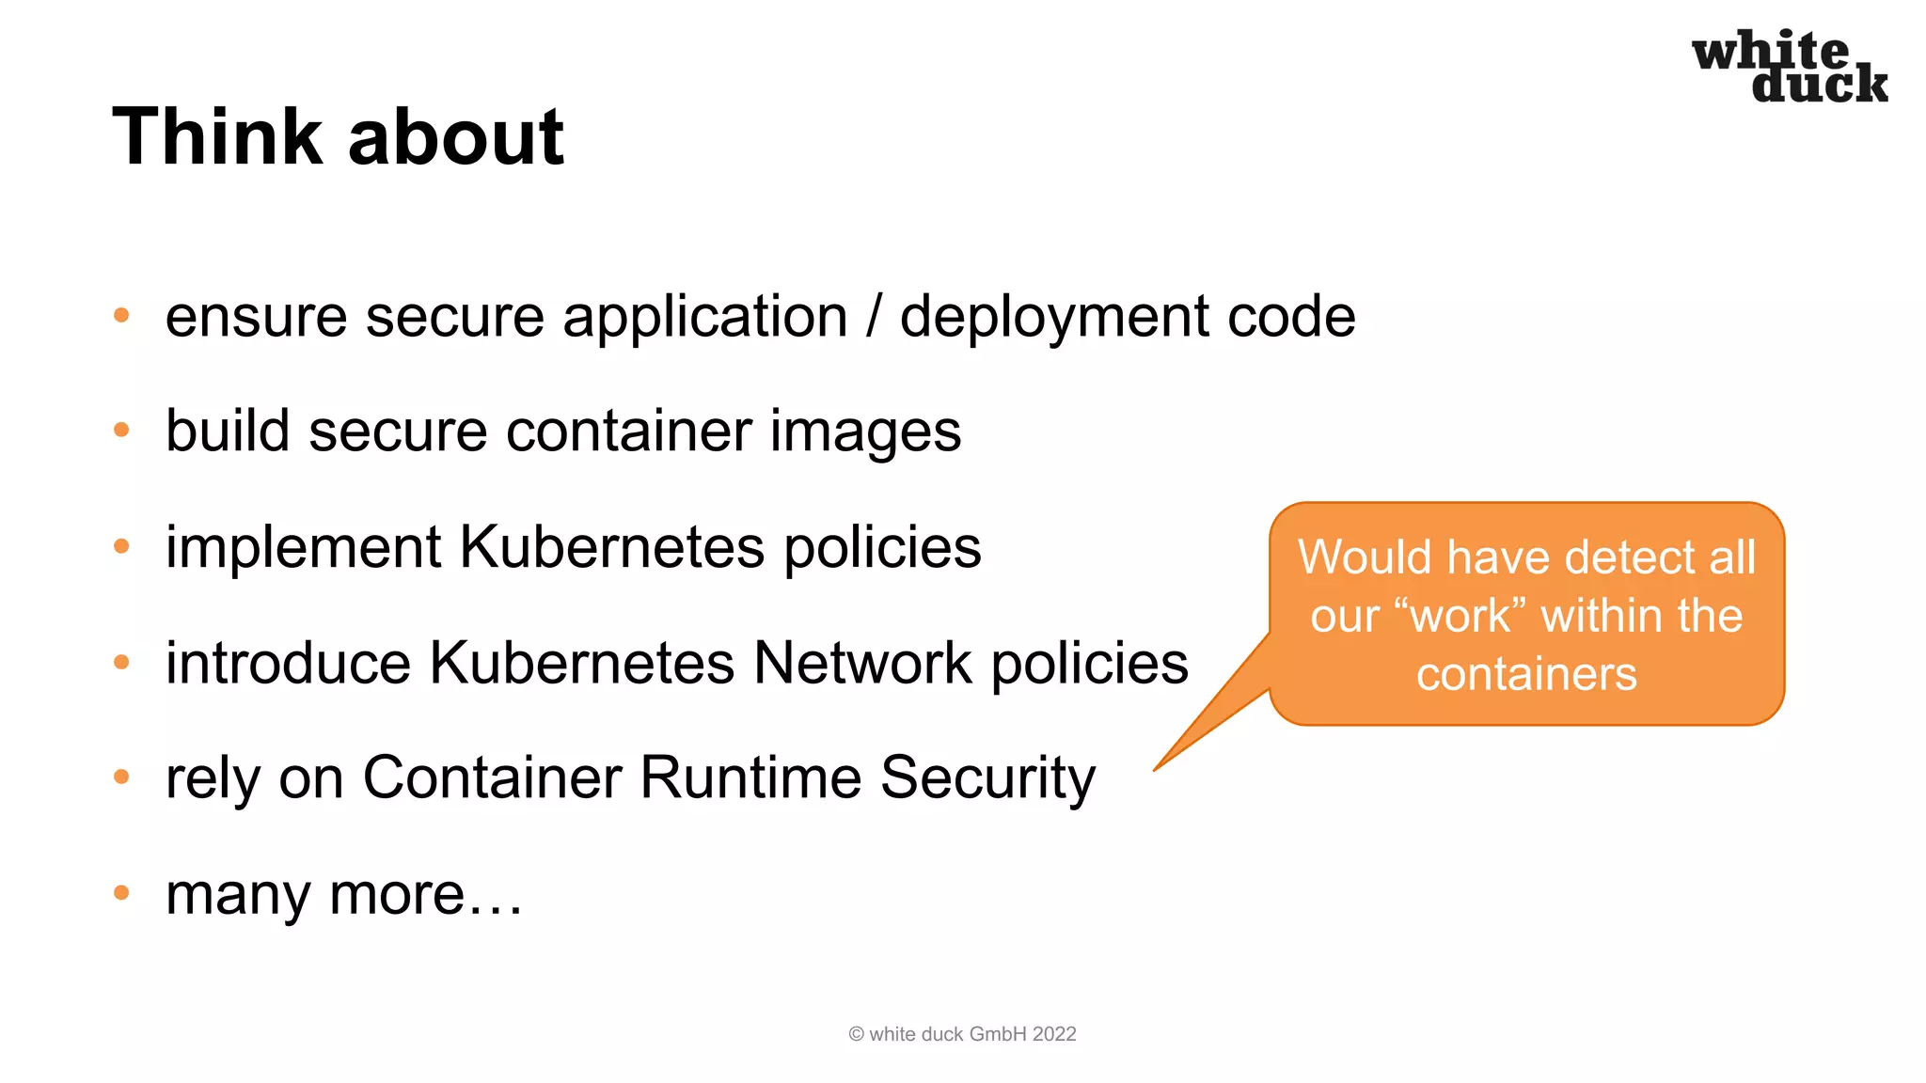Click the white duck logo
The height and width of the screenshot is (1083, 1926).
tap(1790, 66)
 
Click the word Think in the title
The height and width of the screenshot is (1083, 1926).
tap(217, 137)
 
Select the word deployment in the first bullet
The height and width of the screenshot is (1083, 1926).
tap(1053, 318)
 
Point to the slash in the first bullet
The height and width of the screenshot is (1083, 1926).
tap(874, 316)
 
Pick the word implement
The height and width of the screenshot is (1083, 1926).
tap(304, 548)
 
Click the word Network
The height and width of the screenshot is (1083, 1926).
tap(862, 663)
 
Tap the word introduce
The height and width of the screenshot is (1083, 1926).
tap(288, 663)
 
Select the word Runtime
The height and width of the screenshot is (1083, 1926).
tap(750, 777)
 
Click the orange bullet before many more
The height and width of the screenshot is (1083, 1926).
tap(121, 892)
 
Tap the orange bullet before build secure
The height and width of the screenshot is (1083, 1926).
tap(121, 431)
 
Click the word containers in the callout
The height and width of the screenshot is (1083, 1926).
tap(1526, 675)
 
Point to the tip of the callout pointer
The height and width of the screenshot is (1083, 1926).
tap(1156, 770)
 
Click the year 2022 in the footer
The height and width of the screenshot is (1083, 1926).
tap(1054, 1034)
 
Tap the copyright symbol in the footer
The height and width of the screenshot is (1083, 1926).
tap(856, 1034)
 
